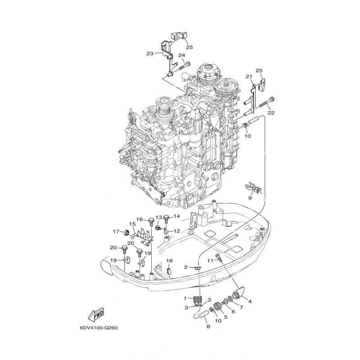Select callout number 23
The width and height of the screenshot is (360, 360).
pos(149,53)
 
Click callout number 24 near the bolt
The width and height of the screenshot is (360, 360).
pos(182,56)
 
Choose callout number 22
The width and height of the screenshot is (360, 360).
pos(271,113)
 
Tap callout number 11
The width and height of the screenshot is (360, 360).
pos(210,261)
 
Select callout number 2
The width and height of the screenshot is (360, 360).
pos(185,267)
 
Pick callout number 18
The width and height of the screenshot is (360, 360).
pos(170,261)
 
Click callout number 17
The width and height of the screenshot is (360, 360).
pos(116,232)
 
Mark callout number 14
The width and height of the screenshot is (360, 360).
pos(176,216)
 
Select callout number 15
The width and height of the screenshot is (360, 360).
pos(132,224)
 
